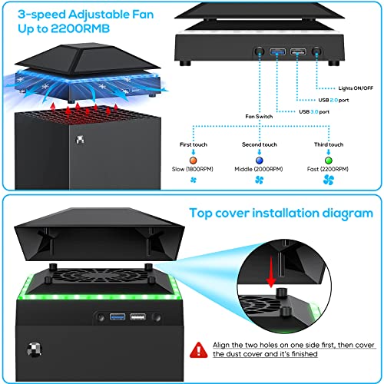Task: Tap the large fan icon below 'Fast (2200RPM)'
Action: pos(329,181)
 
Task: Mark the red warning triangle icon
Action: pos(200,349)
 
